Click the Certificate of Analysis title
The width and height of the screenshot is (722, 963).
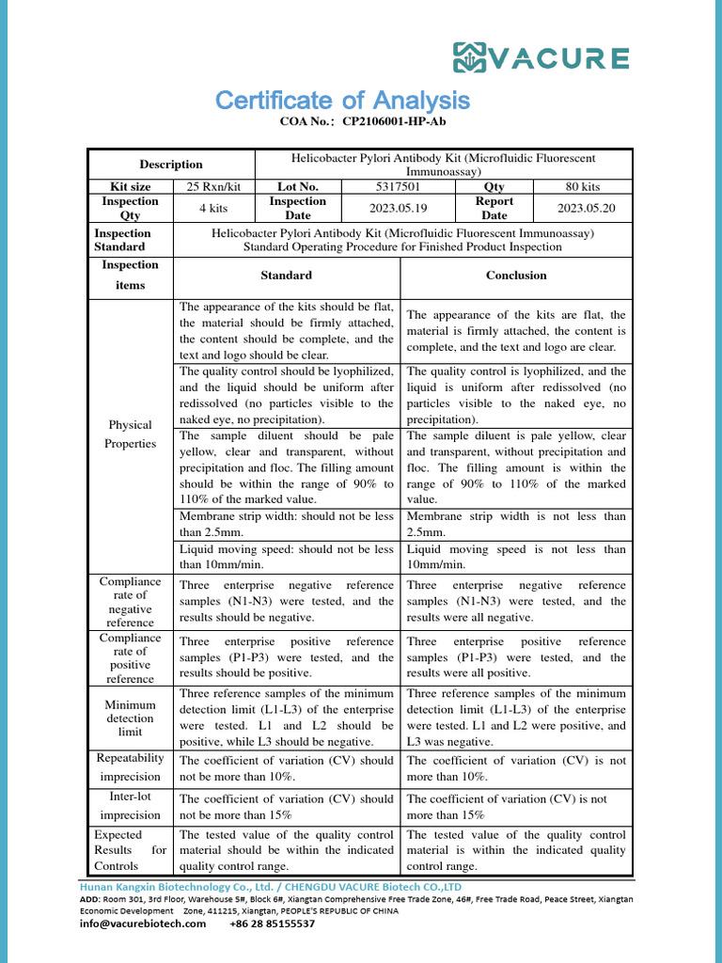(342, 100)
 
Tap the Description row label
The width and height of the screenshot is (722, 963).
(171, 164)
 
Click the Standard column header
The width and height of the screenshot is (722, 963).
(287, 276)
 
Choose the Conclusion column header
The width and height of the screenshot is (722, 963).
(515, 276)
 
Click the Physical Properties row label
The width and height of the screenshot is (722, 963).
(131, 434)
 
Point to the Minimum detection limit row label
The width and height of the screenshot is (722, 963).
(131, 718)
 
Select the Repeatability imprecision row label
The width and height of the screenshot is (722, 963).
(131, 767)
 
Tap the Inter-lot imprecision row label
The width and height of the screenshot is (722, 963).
(131, 806)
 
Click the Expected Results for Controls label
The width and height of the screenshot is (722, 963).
(131, 850)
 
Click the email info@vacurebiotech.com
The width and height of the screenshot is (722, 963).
(142, 924)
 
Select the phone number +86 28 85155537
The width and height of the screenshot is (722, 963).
(273, 924)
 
